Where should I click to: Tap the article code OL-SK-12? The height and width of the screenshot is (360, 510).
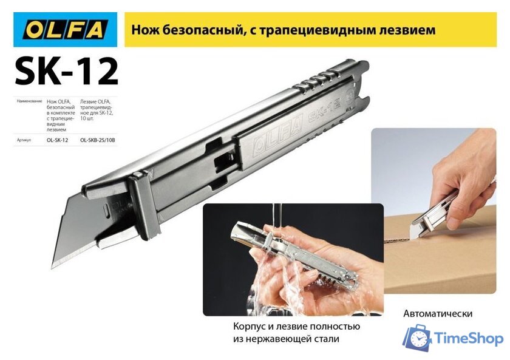tap(58, 140)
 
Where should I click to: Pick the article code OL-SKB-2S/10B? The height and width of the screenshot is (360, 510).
tap(97, 140)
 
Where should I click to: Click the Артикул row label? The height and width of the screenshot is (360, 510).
tap(24, 140)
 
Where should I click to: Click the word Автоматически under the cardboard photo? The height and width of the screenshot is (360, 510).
tap(437, 314)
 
